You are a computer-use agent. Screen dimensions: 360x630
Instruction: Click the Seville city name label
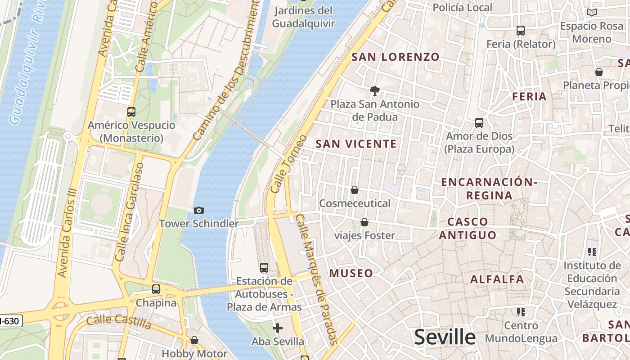point(445,337)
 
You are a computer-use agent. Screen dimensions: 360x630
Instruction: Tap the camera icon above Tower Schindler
point(198,210)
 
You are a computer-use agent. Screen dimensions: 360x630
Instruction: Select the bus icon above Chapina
point(156,289)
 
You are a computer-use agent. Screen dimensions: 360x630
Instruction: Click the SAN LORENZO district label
point(395,57)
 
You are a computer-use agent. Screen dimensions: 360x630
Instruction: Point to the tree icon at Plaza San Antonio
point(374,91)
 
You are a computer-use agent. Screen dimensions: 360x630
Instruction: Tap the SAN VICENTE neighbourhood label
point(356,144)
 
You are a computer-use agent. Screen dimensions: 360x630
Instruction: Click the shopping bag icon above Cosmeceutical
point(355,190)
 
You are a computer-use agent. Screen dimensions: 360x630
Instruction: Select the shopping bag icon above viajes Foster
point(364,222)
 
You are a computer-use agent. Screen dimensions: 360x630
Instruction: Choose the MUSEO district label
point(351,273)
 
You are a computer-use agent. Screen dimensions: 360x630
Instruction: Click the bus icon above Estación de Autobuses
point(264,268)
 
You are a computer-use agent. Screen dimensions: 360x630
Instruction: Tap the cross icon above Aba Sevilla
point(278,328)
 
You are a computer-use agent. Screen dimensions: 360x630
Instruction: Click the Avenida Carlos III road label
point(68,232)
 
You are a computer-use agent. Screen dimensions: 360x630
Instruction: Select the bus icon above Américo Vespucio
point(131,112)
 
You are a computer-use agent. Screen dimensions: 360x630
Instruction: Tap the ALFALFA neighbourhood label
point(497,279)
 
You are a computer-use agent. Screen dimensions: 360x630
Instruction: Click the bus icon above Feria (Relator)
point(521,31)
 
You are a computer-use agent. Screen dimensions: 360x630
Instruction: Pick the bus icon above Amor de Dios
point(479,123)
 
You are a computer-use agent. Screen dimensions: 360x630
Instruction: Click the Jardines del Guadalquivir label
point(303,17)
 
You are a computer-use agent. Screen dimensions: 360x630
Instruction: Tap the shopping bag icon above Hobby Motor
point(194,340)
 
